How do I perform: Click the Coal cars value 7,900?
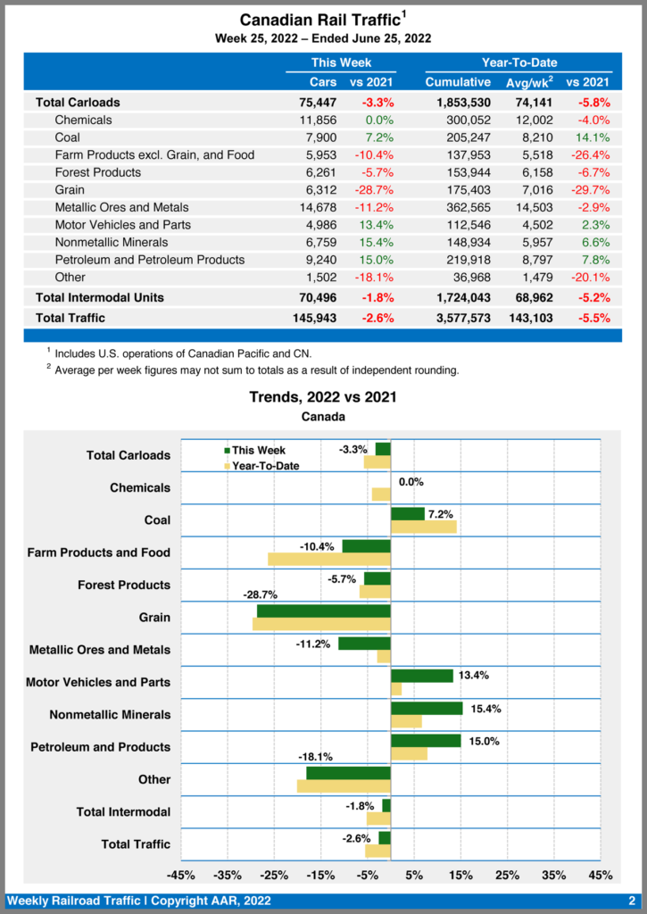coord(319,137)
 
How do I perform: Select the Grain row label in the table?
coord(70,190)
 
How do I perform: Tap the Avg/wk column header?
coord(524,83)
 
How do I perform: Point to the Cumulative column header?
coord(458,83)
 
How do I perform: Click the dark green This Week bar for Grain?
coord(324,611)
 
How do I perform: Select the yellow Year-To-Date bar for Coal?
coord(424,527)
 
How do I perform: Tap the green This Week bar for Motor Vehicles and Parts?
coord(422,676)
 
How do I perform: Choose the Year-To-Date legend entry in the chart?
coord(265,466)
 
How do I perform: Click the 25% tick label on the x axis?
coord(507,875)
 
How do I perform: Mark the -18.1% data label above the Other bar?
coord(315,757)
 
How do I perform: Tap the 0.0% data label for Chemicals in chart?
coord(411,482)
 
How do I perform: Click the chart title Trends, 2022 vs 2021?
coord(323,397)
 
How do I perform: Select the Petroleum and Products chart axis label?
coord(100,747)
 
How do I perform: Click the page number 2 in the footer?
coord(631,902)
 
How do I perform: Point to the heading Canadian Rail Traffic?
coord(317,20)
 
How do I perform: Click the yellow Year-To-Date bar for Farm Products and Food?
coord(329,559)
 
